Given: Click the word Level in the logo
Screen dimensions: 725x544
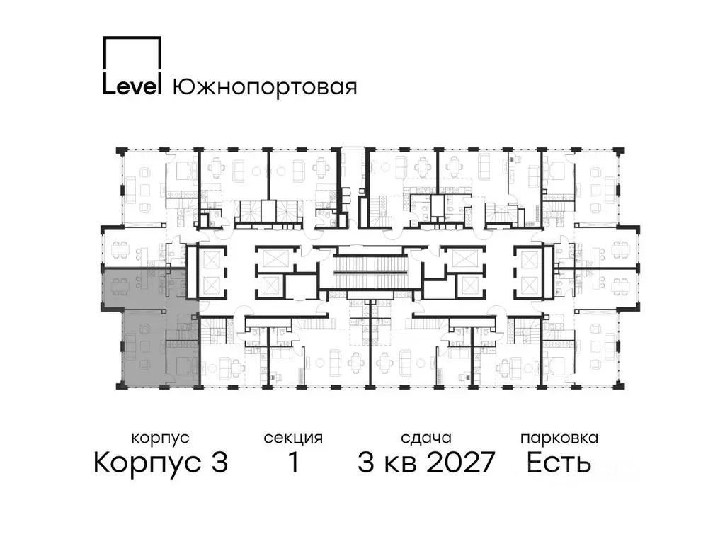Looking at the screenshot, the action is point(132,86).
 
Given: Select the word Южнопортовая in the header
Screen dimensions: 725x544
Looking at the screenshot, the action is point(264,86).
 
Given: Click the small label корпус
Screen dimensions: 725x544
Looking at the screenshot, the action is point(161,438).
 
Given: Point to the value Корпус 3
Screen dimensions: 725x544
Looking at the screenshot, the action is point(161,463).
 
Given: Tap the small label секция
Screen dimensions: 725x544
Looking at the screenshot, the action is point(293,438).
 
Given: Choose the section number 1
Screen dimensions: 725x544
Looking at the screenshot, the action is point(292,463).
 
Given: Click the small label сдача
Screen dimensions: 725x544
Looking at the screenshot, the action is point(426,438).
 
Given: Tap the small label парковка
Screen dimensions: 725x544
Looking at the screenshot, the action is point(559,438).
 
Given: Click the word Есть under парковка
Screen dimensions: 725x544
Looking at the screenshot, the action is point(559,463).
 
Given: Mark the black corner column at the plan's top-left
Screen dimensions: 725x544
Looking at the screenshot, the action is point(122,151).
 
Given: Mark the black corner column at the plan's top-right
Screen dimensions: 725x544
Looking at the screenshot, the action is point(620,151).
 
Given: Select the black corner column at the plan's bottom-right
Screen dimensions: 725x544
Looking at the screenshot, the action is point(620,383).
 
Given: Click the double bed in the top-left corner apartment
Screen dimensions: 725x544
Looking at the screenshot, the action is point(183,169).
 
